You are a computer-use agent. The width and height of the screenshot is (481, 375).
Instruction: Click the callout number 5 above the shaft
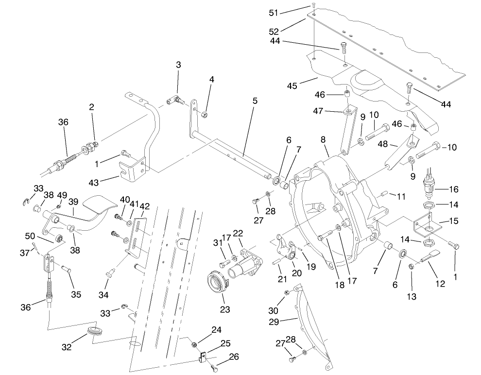click(255, 101)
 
